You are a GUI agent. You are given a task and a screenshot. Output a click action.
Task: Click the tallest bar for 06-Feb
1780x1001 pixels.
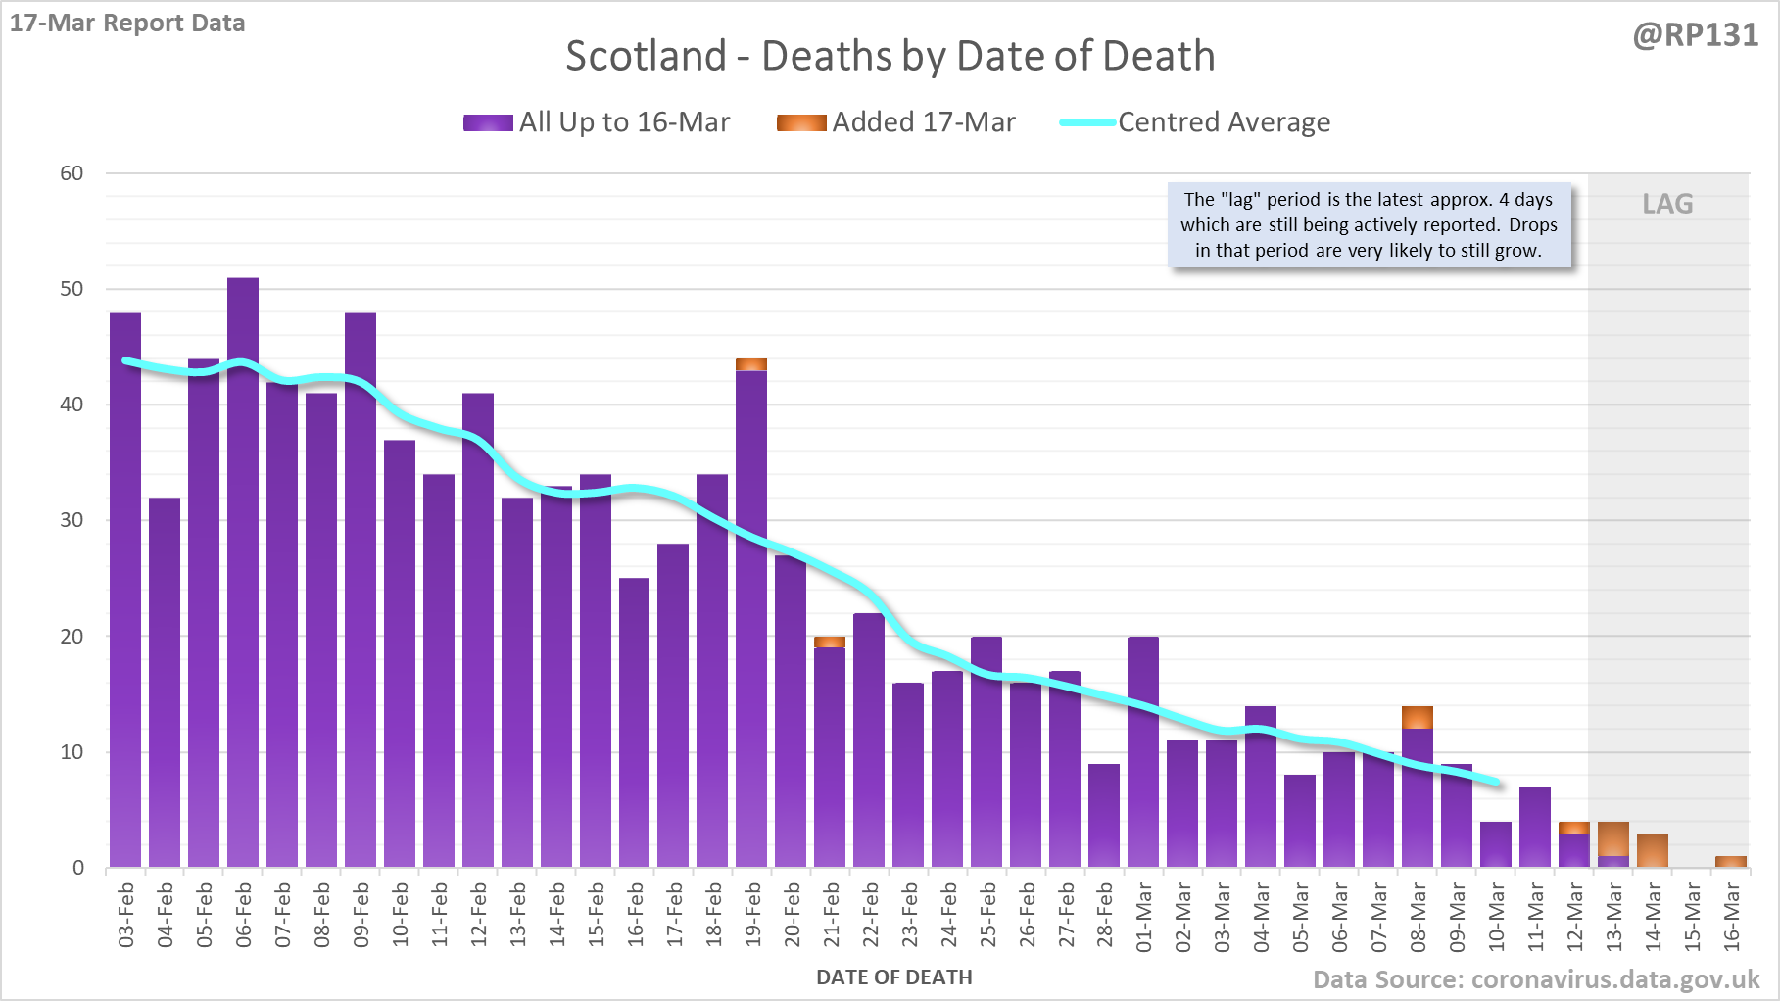pos(243,573)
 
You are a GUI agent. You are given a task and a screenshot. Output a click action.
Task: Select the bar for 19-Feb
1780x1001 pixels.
pos(751,617)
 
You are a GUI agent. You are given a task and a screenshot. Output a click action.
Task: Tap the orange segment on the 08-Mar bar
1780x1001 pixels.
pos(1418,717)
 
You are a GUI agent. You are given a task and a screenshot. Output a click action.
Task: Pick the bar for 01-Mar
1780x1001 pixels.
pos(1143,752)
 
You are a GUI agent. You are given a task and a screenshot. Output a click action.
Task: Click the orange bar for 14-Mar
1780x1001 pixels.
pos(1653,850)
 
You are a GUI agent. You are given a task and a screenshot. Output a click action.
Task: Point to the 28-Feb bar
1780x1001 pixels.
pos(1104,816)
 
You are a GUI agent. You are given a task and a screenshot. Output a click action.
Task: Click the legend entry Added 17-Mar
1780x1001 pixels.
pos(896,122)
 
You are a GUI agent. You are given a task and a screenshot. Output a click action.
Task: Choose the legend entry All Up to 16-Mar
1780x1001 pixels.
pos(597,122)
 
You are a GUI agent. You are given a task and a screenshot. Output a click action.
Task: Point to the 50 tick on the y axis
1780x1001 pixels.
pos(72,289)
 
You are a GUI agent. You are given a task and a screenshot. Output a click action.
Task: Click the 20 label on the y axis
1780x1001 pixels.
pos(72,637)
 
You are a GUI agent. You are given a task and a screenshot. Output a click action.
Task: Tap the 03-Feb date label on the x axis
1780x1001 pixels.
pos(126,915)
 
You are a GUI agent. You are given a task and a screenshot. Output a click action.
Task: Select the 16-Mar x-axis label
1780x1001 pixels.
pos(1732,915)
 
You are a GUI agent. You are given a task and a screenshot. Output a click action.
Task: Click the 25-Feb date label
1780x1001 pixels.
pos(987,915)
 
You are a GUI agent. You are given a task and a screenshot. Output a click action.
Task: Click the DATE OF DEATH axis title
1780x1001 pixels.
pos(894,977)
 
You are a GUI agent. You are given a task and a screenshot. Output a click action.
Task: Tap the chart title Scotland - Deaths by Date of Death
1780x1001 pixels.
pos(890,56)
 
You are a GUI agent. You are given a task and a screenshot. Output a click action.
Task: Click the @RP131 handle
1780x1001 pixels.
pos(1695,35)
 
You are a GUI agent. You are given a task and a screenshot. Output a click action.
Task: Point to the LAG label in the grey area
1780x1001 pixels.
pos(1667,204)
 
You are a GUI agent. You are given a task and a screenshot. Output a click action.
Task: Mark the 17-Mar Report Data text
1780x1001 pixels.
pos(127,24)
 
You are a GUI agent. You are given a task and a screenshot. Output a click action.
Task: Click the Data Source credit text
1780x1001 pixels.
pos(1536,979)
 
